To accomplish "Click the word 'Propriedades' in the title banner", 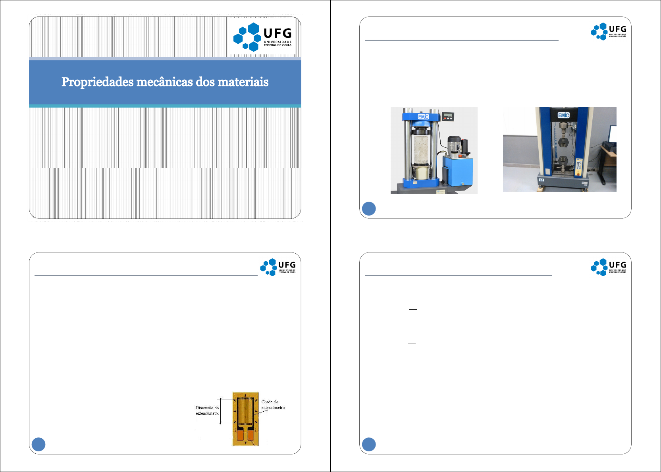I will point(97,82).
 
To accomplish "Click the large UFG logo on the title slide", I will point(262,37).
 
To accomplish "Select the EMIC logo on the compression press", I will point(423,117).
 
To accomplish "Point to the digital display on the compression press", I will point(448,116).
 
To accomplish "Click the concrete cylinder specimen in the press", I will point(421,151).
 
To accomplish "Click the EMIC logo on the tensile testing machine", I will point(563,115).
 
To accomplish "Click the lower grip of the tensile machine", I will point(563,161).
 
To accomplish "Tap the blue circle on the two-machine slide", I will point(369,209).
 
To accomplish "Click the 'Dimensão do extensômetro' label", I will point(207,410).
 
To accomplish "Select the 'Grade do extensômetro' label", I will point(273,405).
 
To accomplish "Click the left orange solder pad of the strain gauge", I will point(240,436).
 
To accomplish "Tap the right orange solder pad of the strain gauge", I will point(251,436).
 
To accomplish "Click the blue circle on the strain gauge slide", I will point(39,444).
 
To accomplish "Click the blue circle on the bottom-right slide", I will point(369,444).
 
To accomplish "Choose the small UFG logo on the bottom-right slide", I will point(608,267).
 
